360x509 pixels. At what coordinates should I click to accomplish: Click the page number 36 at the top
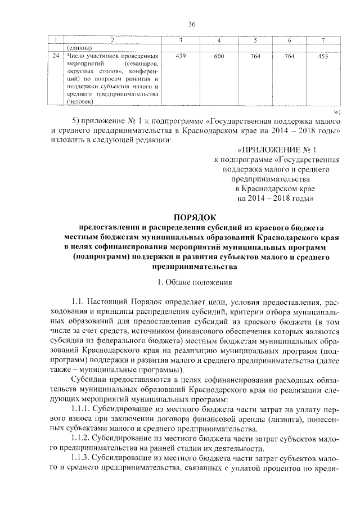coord(191,24)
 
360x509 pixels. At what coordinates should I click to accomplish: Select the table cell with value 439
coord(181,57)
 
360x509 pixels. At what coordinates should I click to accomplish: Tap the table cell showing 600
coord(219,57)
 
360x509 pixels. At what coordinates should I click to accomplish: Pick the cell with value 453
coord(322,57)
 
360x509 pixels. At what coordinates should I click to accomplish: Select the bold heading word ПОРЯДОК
coord(191,217)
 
